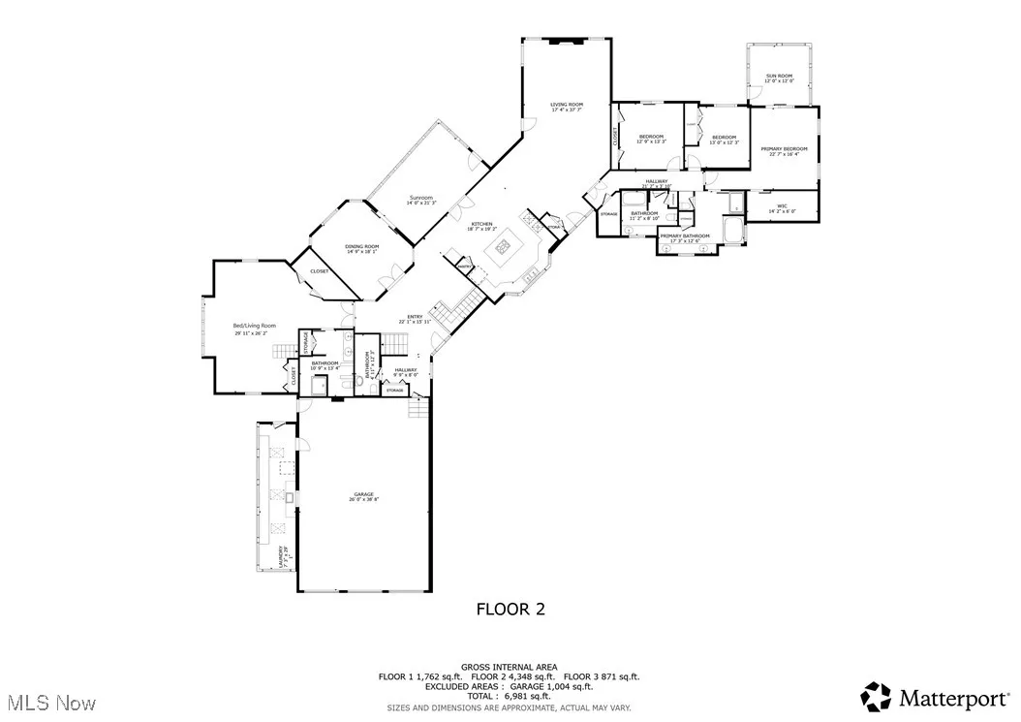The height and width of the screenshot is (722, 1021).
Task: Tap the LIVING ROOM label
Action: (567, 105)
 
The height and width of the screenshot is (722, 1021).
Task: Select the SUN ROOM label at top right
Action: (779, 75)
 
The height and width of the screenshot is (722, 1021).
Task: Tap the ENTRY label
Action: (415, 316)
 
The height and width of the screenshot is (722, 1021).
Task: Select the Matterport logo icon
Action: (877, 696)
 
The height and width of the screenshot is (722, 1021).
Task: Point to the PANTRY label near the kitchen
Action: (463, 266)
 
